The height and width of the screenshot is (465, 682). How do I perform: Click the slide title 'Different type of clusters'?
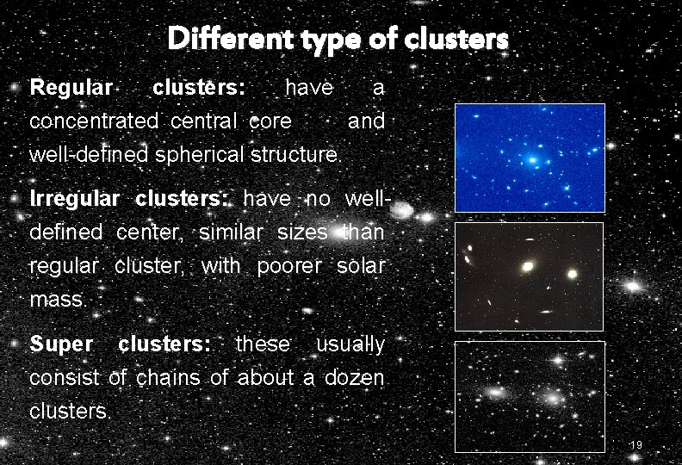pyautogui.click(x=338, y=39)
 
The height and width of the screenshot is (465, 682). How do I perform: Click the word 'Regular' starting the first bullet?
pyautogui.click(x=71, y=88)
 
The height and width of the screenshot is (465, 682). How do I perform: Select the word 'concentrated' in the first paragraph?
pyautogui.click(x=94, y=121)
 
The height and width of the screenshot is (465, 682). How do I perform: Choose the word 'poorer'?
pyautogui.click(x=289, y=266)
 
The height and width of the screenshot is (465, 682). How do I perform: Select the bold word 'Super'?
pyautogui.click(x=61, y=344)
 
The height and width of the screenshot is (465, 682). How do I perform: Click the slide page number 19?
pyautogui.click(x=636, y=444)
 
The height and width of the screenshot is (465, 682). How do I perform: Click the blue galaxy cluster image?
pyautogui.click(x=530, y=157)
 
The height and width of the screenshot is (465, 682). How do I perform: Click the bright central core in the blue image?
pyautogui.click(x=534, y=160)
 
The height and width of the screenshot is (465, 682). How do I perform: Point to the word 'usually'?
pyautogui.click(x=350, y=344)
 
